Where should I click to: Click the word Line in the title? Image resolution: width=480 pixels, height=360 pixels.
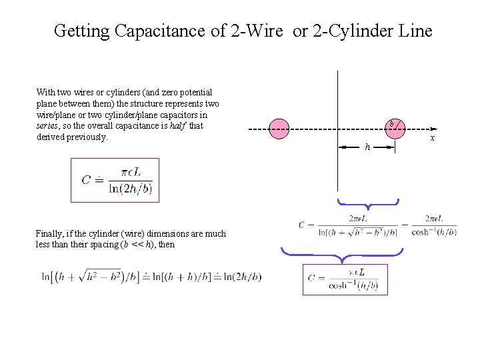pos(417,31)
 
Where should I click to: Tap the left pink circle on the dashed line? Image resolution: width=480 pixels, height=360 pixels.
pos(279,128)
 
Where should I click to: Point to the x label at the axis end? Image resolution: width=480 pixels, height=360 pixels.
pos(433,138)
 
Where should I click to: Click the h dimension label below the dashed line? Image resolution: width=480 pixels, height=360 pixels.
pos(367,147)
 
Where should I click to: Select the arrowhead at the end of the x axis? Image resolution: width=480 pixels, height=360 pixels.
pos(433,128)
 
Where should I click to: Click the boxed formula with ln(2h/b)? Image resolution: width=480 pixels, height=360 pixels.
pos(115,179)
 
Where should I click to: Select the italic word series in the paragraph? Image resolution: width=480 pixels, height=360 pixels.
pos(49,125)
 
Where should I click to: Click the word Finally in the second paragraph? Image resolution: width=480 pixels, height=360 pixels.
pos(51,233)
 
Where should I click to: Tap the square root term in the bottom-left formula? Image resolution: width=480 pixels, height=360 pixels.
pos(91,276)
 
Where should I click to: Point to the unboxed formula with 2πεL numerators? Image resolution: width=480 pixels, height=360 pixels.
pos(377,225)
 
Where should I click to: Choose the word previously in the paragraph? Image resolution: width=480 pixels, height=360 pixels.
pos(85,137)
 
